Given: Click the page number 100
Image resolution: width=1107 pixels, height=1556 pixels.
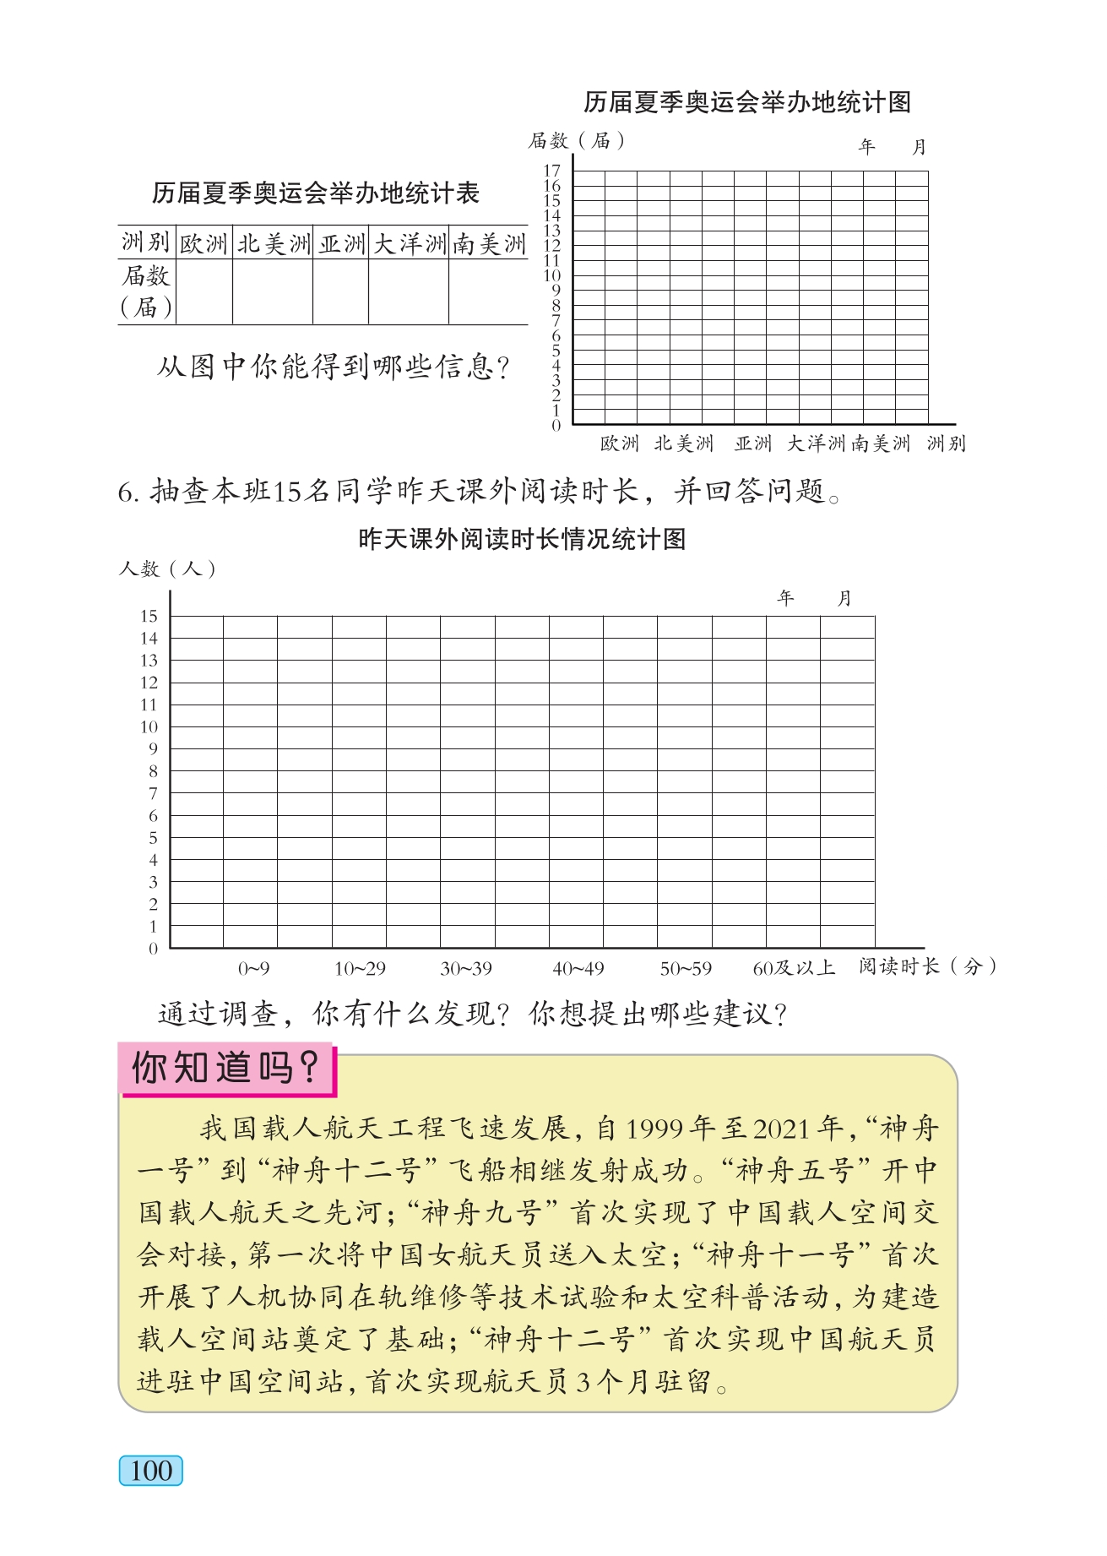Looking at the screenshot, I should [151, 1471].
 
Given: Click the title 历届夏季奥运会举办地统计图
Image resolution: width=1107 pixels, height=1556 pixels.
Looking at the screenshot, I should [747, 103].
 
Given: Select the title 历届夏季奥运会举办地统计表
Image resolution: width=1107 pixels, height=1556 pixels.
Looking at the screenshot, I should [316, 193].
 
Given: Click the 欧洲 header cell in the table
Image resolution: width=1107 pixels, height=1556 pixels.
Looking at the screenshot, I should [203, 244].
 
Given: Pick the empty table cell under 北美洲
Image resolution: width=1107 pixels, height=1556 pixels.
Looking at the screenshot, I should [272, 291].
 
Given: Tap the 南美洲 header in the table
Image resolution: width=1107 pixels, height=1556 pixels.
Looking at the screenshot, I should [489, 244].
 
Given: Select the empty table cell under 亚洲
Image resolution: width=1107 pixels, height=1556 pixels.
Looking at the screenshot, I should [340, 291].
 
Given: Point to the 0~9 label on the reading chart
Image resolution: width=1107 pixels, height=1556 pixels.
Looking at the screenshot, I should [253, 969].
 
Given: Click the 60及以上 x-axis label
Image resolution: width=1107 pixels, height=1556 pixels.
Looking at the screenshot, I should [794, 968].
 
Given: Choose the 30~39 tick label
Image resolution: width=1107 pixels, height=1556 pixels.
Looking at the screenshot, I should [466, 969].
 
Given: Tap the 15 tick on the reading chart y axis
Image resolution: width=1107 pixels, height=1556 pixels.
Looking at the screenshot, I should [149, 616].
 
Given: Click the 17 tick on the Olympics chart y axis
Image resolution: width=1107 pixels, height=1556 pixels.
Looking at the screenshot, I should [552, 171].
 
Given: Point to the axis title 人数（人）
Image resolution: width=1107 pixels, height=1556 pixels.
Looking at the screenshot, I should [167, 569].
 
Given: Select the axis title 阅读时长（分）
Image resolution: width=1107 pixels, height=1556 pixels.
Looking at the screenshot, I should [928, 966].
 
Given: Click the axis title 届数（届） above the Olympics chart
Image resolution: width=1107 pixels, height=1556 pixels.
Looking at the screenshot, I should [577, 140].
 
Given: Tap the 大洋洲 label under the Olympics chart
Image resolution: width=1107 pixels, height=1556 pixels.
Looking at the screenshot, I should [816, 443].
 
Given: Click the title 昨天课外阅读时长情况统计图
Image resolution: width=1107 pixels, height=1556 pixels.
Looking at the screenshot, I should [522, 539].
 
